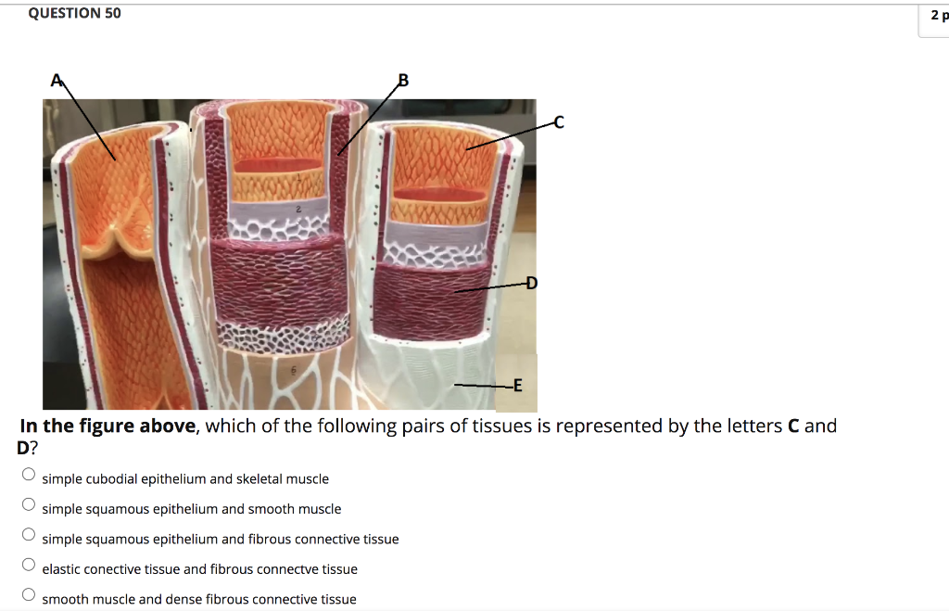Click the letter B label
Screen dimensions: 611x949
[x=402, y=81]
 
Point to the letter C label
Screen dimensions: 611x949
[x=557, y=121]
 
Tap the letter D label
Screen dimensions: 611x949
[x=531, y=283]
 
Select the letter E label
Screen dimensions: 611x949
[x=517, y=385]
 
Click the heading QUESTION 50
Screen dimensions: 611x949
[x=74, y=13]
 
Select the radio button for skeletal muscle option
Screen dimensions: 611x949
[x=29, y=475]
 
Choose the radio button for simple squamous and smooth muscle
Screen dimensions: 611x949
[x=29, y=505]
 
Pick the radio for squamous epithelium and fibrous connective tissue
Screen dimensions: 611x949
[x=29, y=535]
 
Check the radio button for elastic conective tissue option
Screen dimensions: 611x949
[x=29, y=565]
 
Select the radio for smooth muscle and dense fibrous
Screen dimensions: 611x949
[x=29, y=595]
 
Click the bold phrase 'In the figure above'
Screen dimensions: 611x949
[x=108, y=426]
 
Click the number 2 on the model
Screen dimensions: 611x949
[x=299, y=211]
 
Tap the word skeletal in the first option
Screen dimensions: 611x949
[x=260, y=478]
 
